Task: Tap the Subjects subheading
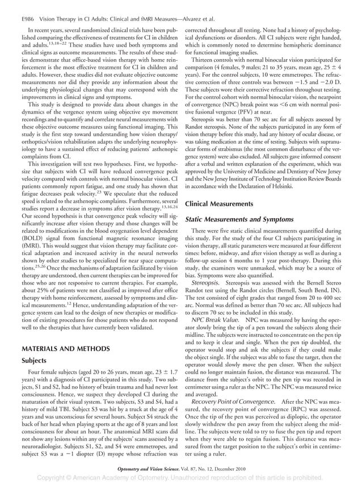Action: click(x=34, y=360)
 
